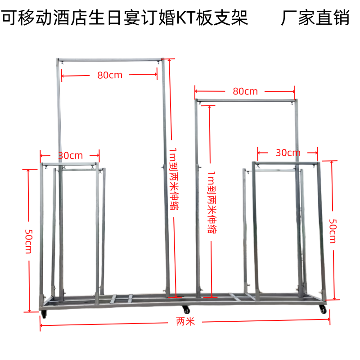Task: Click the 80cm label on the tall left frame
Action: point(110,75)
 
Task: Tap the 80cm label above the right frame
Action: point(245,91)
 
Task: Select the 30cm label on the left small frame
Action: point(70,155)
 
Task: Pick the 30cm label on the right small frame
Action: point(288,153)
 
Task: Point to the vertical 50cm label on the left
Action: point(29,241)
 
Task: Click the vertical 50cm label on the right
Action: point(333,231)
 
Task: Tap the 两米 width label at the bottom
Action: point(185,321)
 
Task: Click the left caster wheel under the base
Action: point(44,314)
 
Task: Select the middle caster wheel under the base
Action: point(186,310)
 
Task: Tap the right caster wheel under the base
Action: point(323,310)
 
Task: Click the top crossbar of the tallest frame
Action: point(110,60)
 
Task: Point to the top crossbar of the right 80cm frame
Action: point(246,100)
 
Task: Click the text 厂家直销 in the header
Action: point(315,18)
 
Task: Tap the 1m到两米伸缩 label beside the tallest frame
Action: point(174,179)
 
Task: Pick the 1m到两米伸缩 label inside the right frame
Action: point(211,202)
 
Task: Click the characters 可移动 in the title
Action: point(27,18)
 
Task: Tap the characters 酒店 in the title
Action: point(71,18)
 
